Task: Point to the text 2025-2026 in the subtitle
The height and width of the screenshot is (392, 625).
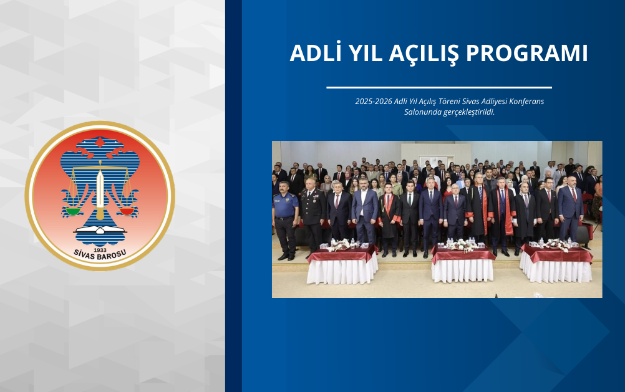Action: (374, 101)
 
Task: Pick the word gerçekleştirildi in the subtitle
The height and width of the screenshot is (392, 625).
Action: (465, 112)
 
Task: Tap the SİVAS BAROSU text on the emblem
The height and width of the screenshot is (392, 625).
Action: (100, 252)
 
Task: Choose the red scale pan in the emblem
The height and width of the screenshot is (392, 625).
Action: (127, 211)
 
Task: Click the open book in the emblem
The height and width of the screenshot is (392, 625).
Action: (100, 231)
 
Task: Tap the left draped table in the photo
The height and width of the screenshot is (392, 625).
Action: (342, 265)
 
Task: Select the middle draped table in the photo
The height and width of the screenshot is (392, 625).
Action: (463, 264)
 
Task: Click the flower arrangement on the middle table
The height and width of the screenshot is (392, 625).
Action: (462, 245)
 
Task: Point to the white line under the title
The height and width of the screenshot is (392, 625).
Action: (438, 87)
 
